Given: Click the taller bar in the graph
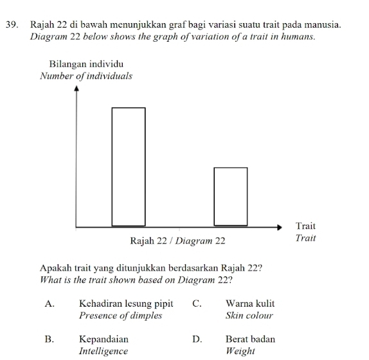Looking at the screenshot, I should [x=129, y=166].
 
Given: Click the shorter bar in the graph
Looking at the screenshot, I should [x=230, y=196].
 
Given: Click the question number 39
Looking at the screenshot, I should [x=10, y=24].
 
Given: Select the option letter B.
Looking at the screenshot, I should [x=49, y=339].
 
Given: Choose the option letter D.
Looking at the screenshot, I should [x=197, y=339].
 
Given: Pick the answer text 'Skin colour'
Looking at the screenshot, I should [x=249, y=316].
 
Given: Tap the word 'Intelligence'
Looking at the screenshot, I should [x=104, y=351].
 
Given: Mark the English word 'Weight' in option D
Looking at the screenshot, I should [x=240, y=351].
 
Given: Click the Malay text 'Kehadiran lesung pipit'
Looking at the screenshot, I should [x=126, y=303].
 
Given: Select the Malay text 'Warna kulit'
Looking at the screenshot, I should [x=250, y=303].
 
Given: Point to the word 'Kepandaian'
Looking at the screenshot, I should [x=104, y=339].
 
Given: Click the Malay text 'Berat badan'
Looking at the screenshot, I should [x=250, y=339].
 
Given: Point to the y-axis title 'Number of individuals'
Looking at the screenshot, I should [x=86, y=76].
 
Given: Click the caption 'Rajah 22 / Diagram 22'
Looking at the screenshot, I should [x=178, y=241].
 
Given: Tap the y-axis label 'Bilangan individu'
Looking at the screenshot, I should [x=87, y=64].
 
